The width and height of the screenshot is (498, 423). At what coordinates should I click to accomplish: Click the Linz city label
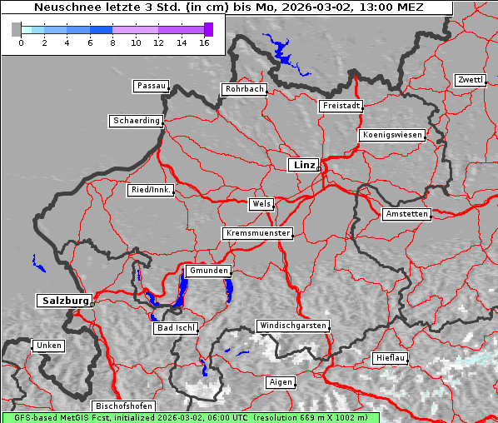point(303,165)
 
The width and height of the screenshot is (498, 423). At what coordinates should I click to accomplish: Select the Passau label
point(151,86)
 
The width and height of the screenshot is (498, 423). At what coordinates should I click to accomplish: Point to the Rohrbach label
point(243,89)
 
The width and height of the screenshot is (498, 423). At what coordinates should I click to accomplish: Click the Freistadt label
point(341,106)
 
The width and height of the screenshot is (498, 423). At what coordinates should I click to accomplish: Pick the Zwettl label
point(470,80)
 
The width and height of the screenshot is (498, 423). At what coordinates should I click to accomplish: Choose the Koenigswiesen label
point(392,135)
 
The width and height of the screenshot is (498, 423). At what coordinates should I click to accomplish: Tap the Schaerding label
point(136,121)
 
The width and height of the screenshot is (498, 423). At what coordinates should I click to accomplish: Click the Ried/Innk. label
point(151,190)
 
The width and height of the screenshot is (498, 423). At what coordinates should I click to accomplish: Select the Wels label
point(261,204)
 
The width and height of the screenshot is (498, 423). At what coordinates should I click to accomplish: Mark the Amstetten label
point(406,214)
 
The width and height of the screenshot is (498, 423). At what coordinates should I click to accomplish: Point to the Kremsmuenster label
point(257,233)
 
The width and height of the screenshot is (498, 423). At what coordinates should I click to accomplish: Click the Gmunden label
point(207,271)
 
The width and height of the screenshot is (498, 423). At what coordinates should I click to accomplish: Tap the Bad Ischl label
point(176,328)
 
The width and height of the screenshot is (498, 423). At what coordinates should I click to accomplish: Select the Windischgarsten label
point(292,326)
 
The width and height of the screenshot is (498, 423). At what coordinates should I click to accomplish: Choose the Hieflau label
point(391,358)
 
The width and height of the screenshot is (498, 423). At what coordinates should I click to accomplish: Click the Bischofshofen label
point(123,406)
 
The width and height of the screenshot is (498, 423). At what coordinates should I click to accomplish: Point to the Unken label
point(48,346)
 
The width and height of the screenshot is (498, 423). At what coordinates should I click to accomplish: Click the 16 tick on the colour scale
point(204,42)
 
